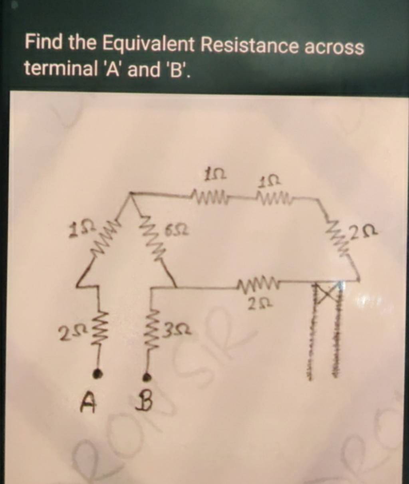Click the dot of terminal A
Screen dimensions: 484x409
pyautogui.click(x=96, y=373)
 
